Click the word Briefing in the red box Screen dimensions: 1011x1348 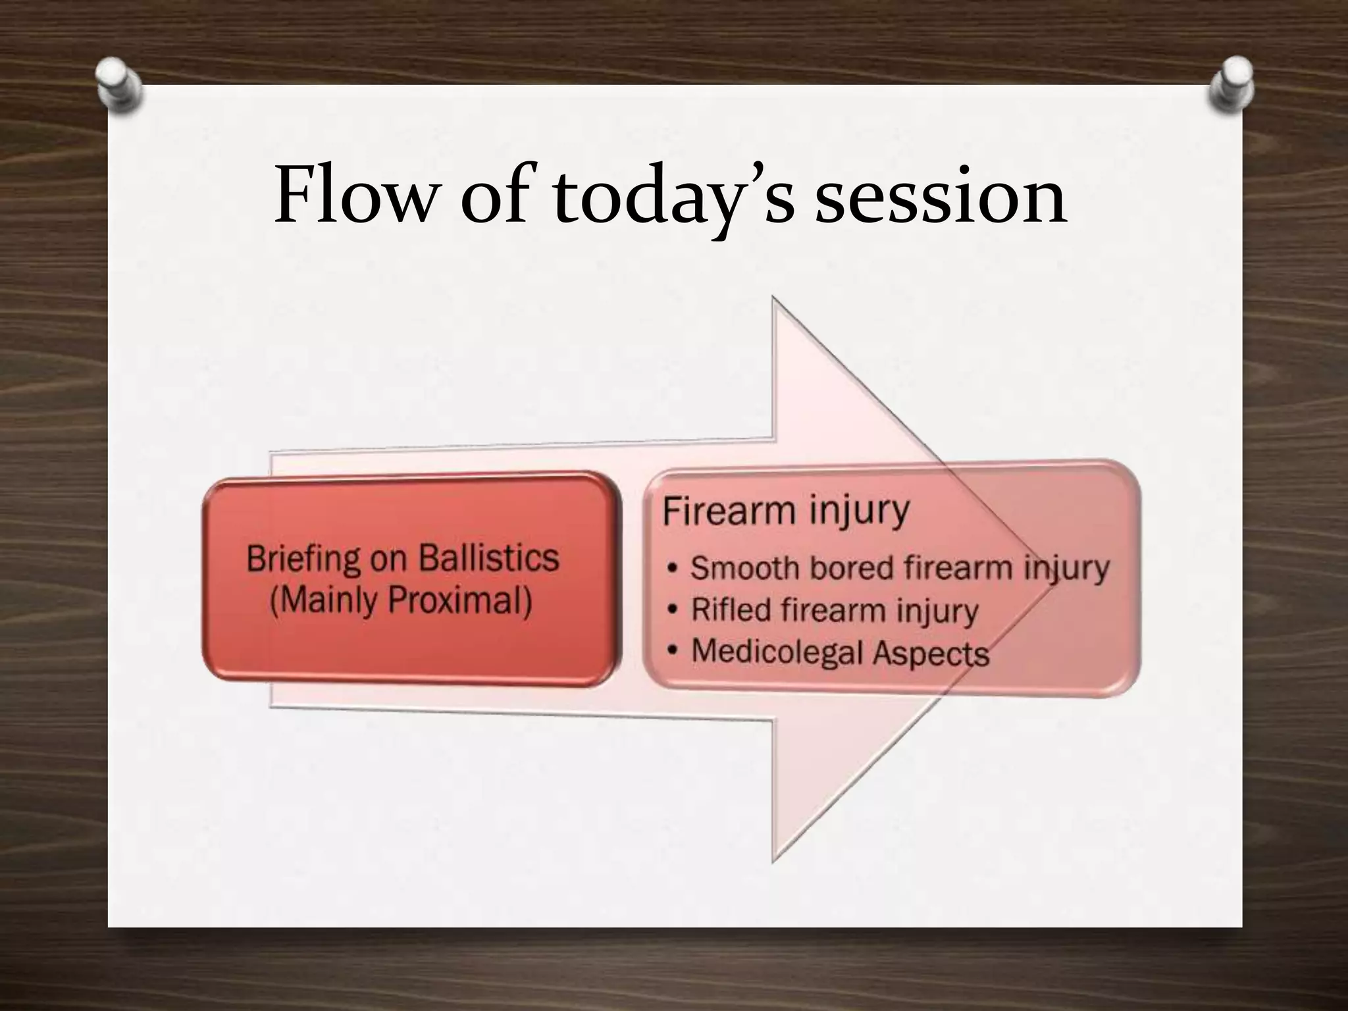click(303, 559)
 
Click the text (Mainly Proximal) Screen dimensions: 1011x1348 click(401, 601)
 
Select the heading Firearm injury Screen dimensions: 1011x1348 click(786, 511)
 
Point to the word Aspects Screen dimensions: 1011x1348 click(931, 654)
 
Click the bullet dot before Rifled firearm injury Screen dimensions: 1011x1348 click(671, 610)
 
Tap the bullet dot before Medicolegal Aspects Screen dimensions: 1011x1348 click(671, 651)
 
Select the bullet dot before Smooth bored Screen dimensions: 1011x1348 click(671, 568)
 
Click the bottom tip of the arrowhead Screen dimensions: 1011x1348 click(773, 862)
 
